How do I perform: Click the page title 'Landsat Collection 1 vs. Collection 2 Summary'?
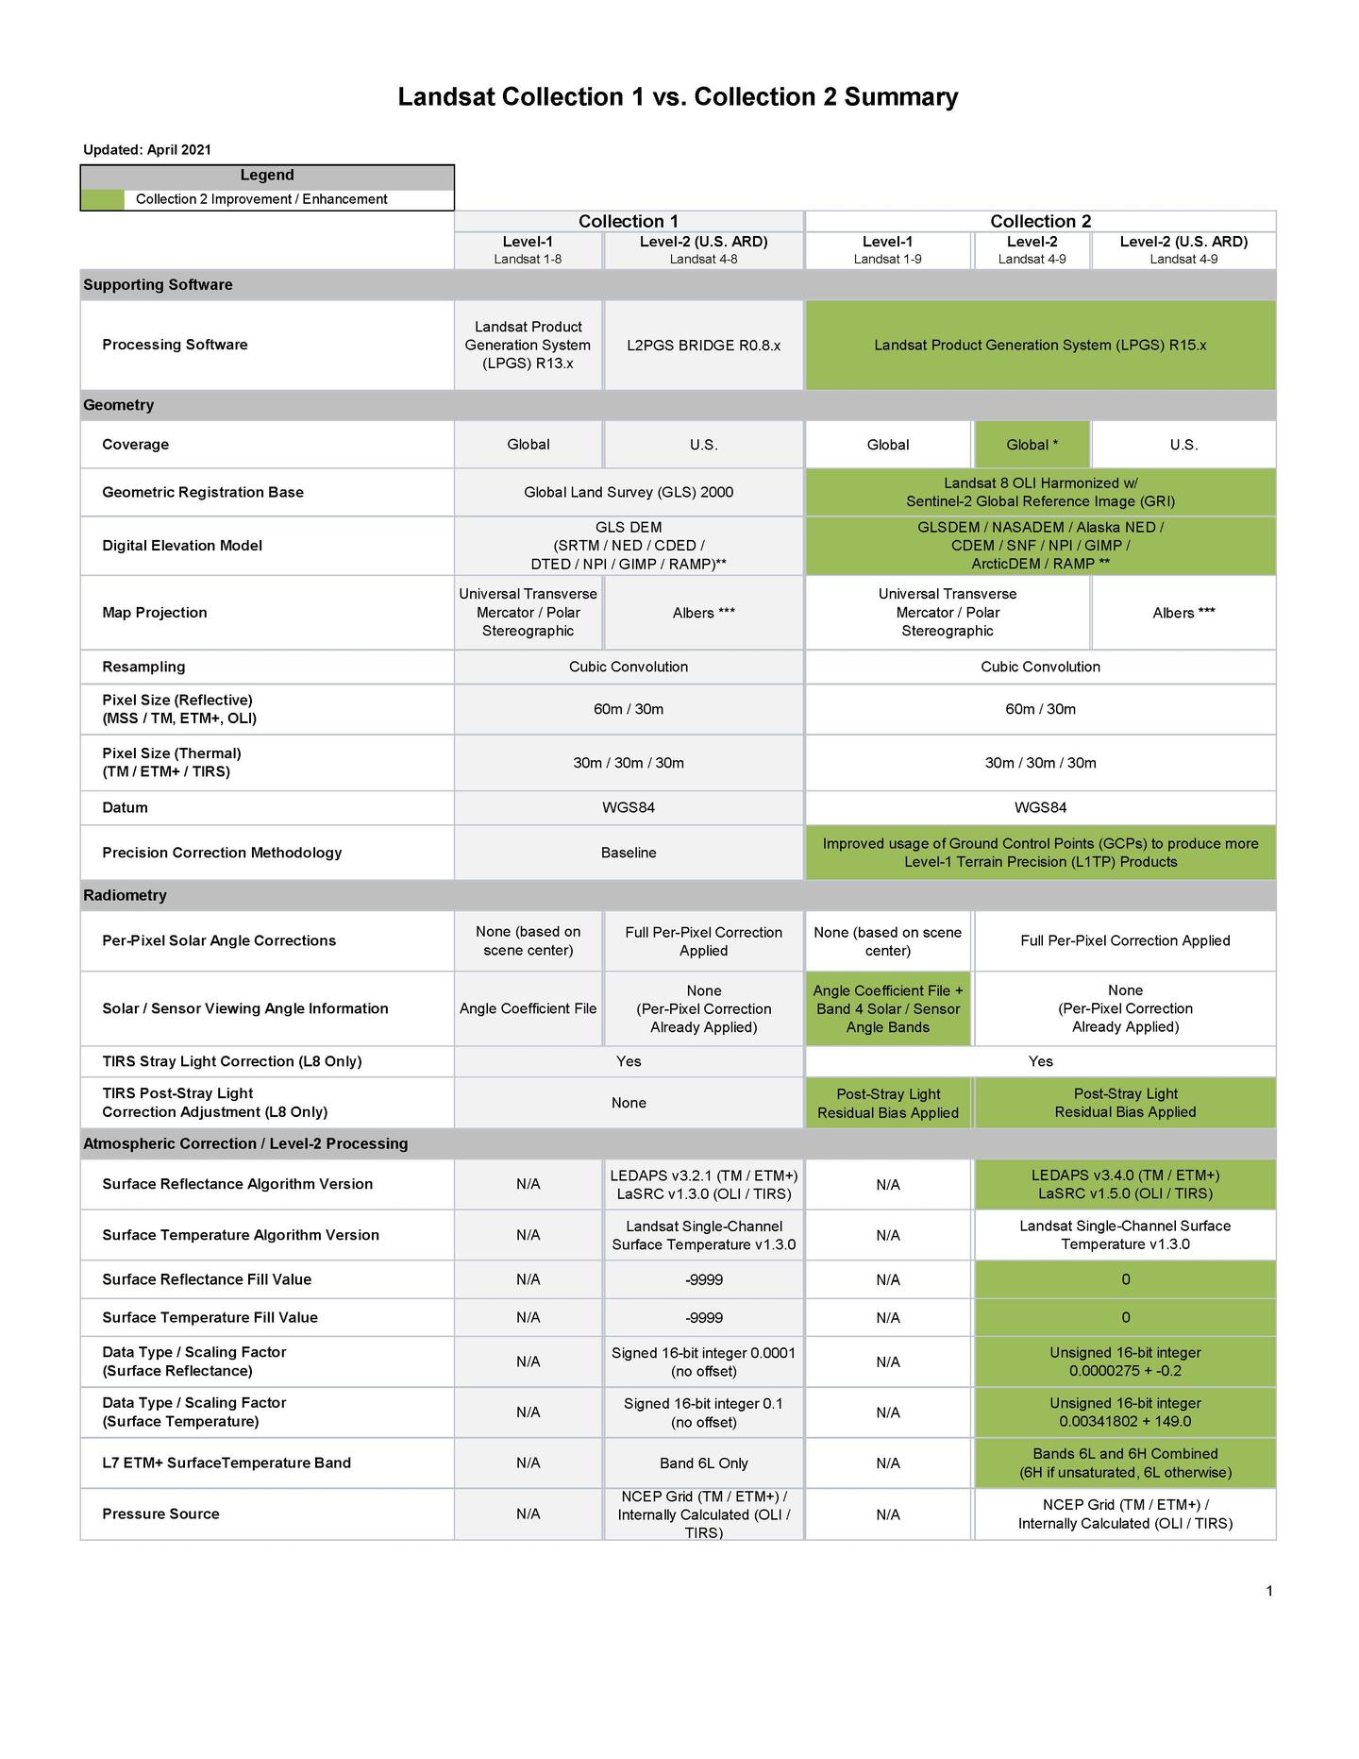tap(678, 97)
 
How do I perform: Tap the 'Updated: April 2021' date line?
tap(147, 149)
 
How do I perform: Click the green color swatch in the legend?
tap(102, 199)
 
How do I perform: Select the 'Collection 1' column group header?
tap(628, 221)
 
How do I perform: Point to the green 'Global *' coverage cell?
tap(1031, 445)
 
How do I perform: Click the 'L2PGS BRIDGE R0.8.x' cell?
tap(703, 346)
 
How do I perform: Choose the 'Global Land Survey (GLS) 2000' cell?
tap(628, 492)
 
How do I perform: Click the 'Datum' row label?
tap(125, 807)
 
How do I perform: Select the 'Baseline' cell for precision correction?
tap(628, 853)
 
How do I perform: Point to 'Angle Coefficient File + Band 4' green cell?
tap(887, 1008)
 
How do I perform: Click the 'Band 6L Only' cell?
tap(703, 1463)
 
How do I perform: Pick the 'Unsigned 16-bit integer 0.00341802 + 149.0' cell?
tap(1125, 1412)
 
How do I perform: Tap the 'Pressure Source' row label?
tap(160, 1514)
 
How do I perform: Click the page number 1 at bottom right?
tap(1269, 1591)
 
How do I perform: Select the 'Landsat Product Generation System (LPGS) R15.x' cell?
tap(1040, 346)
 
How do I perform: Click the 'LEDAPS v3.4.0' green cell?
tap(1125, 1184)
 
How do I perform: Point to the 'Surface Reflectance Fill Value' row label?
tap(207, 1279)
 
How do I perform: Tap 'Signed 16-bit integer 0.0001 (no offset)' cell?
tap(703, 1362)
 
